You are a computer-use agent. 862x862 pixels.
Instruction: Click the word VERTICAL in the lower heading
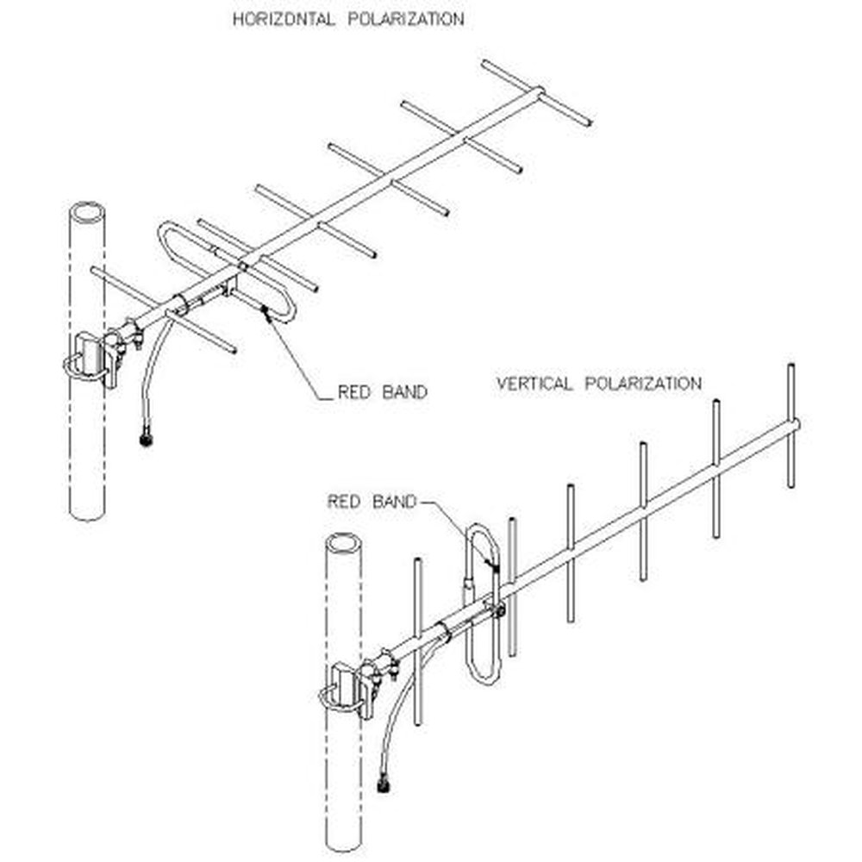[534, 384]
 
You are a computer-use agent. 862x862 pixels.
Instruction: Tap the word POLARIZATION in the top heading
[405, 19]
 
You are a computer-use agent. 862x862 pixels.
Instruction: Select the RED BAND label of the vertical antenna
[372, 501]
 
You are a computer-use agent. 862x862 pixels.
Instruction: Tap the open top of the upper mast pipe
[86, 212]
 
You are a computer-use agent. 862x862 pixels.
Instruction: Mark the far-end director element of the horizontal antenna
[536, 91]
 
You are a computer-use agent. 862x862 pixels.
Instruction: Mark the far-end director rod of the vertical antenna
[791, 426]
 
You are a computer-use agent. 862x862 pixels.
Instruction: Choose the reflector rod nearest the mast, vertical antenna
[418, 638]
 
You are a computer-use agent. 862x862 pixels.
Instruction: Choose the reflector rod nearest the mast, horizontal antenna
[164, 310]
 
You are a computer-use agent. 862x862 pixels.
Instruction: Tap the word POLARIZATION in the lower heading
[643, 384]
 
